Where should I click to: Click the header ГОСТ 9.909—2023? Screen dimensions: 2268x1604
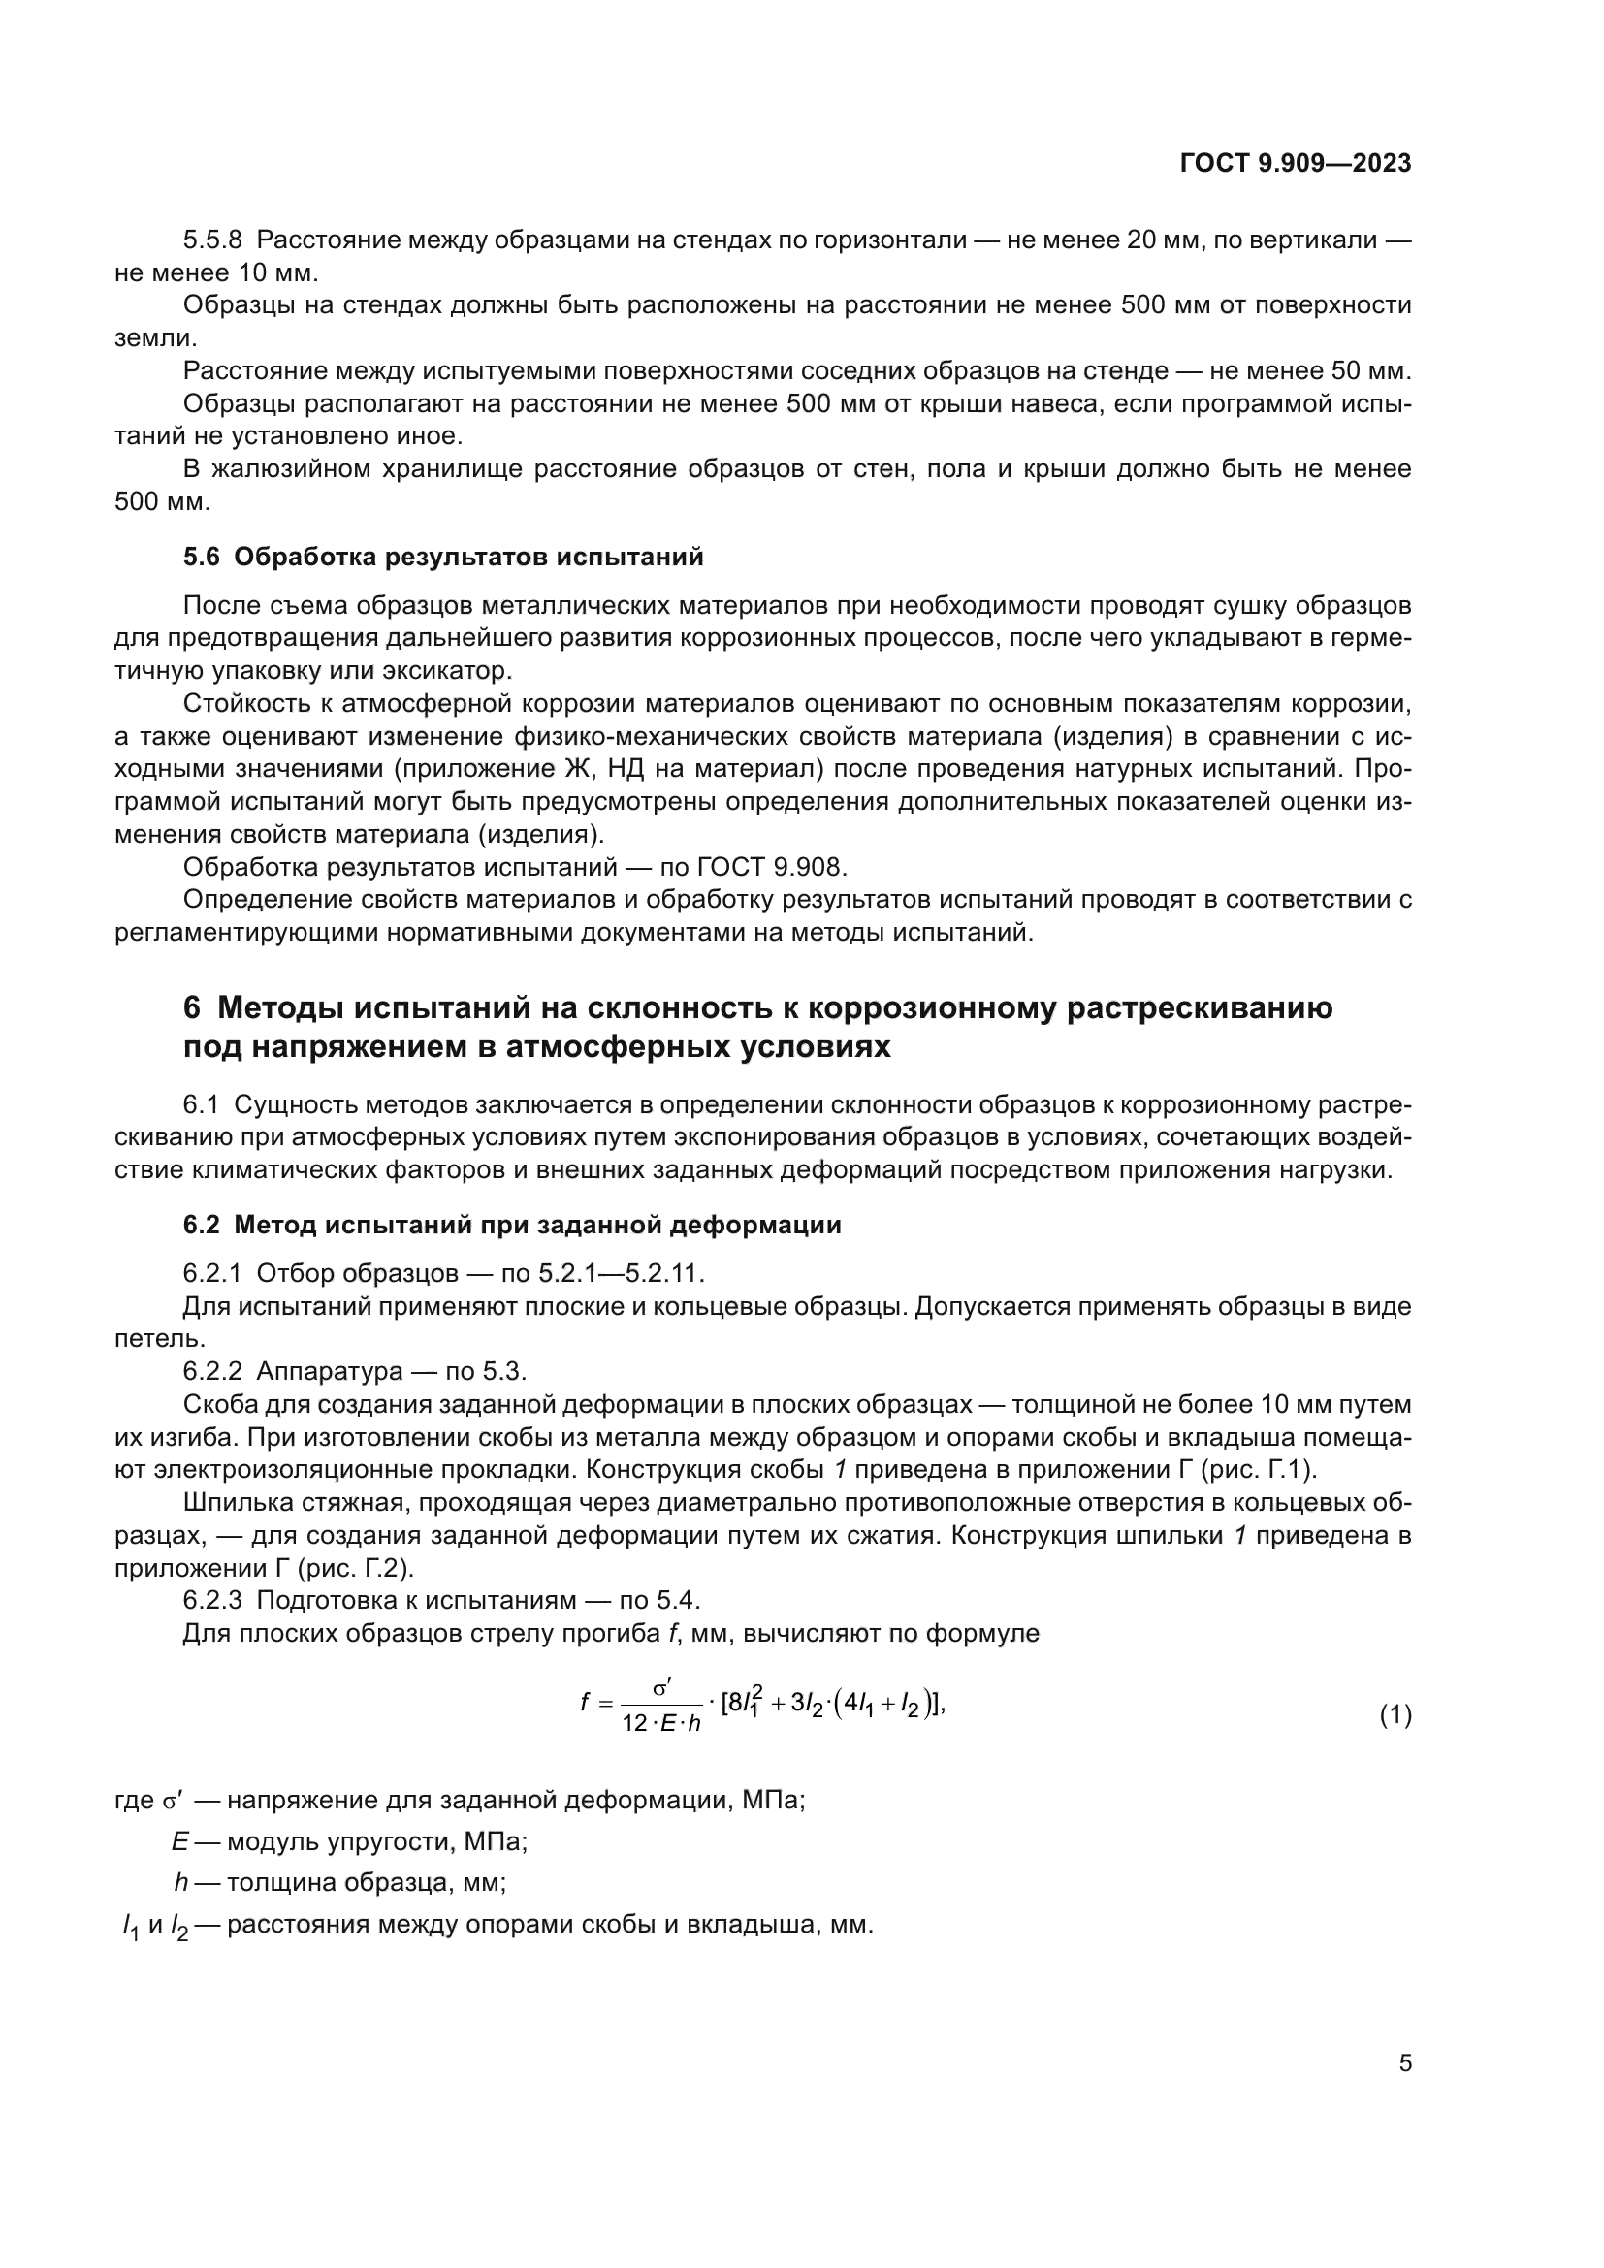[1295, 163]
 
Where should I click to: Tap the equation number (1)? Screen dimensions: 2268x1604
[1395, 1716]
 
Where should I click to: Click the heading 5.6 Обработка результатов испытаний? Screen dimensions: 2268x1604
[443, 558]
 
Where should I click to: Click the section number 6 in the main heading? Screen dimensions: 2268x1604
[193, 1007]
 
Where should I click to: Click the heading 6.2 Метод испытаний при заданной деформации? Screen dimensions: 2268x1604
[512, 1225]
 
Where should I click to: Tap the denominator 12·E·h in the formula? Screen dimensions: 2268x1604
[661, 1724]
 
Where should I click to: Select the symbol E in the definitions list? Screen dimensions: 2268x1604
[179, 1840]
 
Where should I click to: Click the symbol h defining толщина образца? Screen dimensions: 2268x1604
[180, 1882]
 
